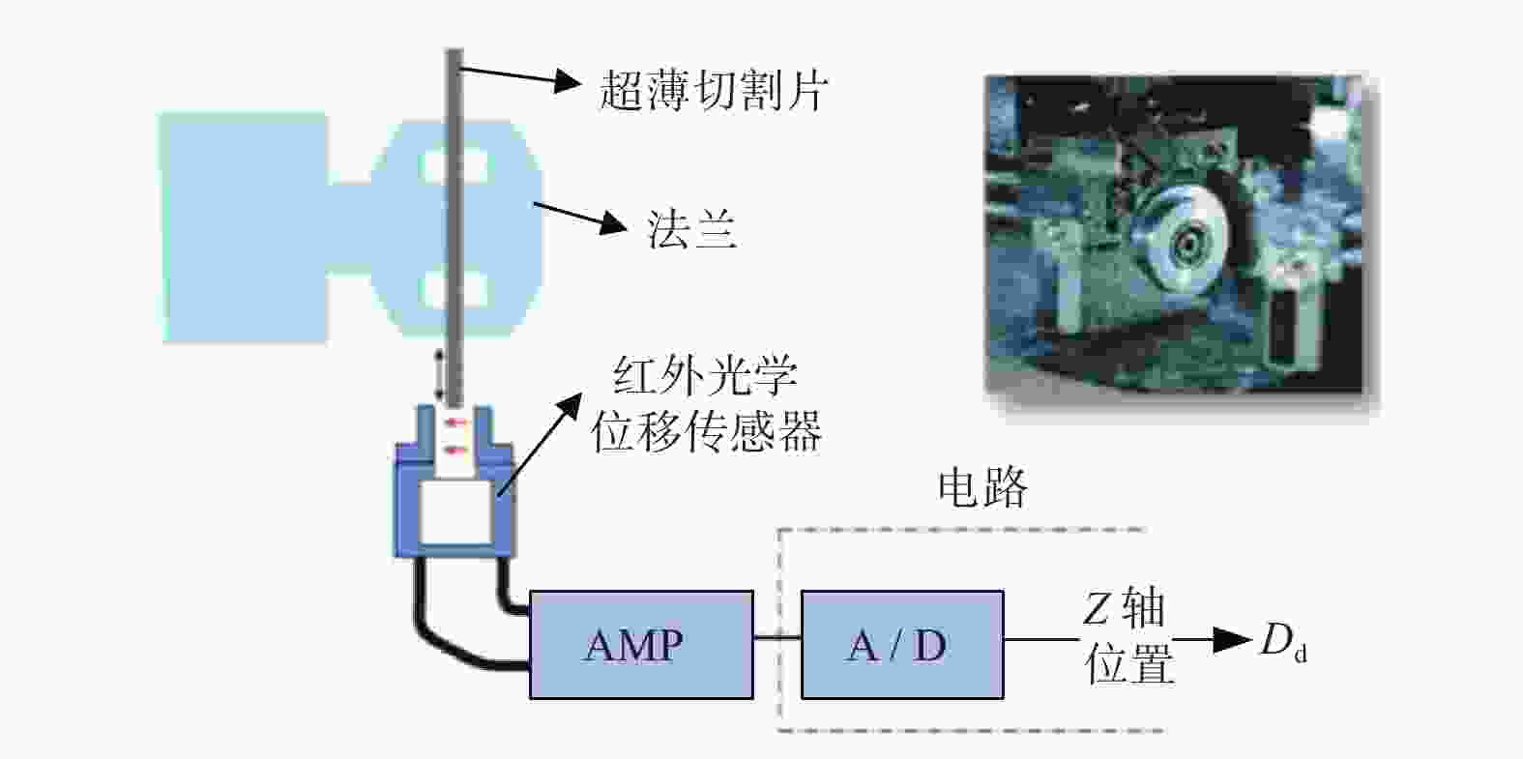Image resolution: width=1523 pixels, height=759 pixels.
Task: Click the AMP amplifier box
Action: point(641,644)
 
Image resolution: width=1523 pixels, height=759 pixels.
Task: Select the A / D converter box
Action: point(902,644)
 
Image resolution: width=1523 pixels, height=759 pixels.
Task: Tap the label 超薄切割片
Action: point(713,90)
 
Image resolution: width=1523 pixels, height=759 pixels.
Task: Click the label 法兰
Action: point(690,229)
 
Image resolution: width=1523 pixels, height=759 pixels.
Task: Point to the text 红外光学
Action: point(705,375)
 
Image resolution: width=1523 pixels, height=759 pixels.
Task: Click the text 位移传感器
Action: point(707,431)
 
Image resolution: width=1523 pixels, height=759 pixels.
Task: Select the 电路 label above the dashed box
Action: point(982,487)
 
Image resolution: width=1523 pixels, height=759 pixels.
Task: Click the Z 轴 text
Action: point(1124,607)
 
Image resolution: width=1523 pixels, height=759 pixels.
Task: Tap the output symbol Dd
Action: point(1283,641)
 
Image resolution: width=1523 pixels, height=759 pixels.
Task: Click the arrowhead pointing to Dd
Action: point(1233,639)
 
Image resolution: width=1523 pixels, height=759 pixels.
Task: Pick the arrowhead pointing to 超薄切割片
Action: point(568,81)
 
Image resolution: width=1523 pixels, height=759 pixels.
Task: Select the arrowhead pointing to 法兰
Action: point(613,222)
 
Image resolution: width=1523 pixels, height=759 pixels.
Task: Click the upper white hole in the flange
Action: point(454,166)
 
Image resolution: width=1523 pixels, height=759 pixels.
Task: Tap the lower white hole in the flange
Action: point(454,289)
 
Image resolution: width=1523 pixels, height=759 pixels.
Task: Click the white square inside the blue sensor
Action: point(455,512)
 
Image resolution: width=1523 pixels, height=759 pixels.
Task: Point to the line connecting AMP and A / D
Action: point(777,637)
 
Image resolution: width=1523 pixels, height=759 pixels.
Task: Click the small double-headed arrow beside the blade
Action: point(440,375)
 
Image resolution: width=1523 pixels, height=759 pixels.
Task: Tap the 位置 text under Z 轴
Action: point(1129,663)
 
